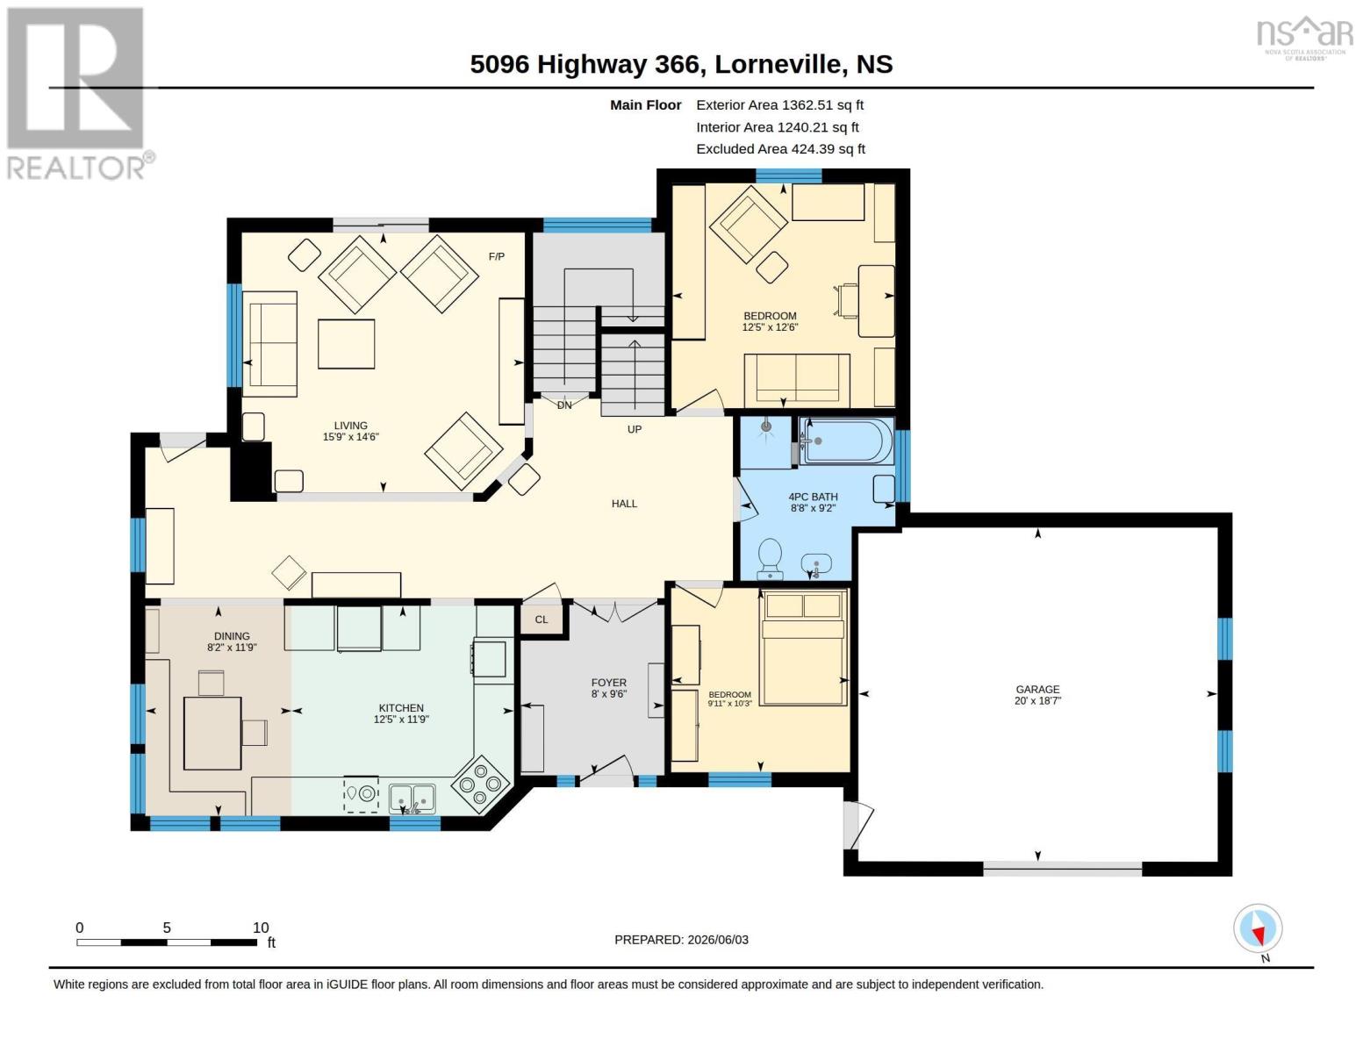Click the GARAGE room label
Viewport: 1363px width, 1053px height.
point(1037,689)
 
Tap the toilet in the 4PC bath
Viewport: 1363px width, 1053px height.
point(770,559)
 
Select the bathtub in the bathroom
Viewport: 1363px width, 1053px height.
point(848,441)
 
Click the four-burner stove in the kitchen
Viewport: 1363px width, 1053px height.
point(480,784)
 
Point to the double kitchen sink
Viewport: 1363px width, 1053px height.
point(412,799)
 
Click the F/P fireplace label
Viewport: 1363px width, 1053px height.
point(496,256)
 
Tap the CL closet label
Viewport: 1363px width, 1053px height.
point(542,620)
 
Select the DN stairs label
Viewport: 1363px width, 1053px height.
point(564,405)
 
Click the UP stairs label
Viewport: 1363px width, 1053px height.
point(635,430)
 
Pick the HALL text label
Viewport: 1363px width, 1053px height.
point(624,504)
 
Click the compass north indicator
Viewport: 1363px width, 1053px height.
point(1259,929)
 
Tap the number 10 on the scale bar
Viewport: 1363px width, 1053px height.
point(261,928)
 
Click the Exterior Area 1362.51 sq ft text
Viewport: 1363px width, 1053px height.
point(779,104)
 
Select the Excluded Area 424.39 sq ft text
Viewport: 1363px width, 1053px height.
point(780,148)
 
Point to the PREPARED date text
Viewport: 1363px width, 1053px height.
point(681,940)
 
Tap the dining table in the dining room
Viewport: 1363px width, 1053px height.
point(212,733)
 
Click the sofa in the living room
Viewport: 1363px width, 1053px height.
point(269,344)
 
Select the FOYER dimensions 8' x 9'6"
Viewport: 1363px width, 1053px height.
point(608,693)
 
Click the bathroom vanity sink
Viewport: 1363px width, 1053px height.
point(816,565)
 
